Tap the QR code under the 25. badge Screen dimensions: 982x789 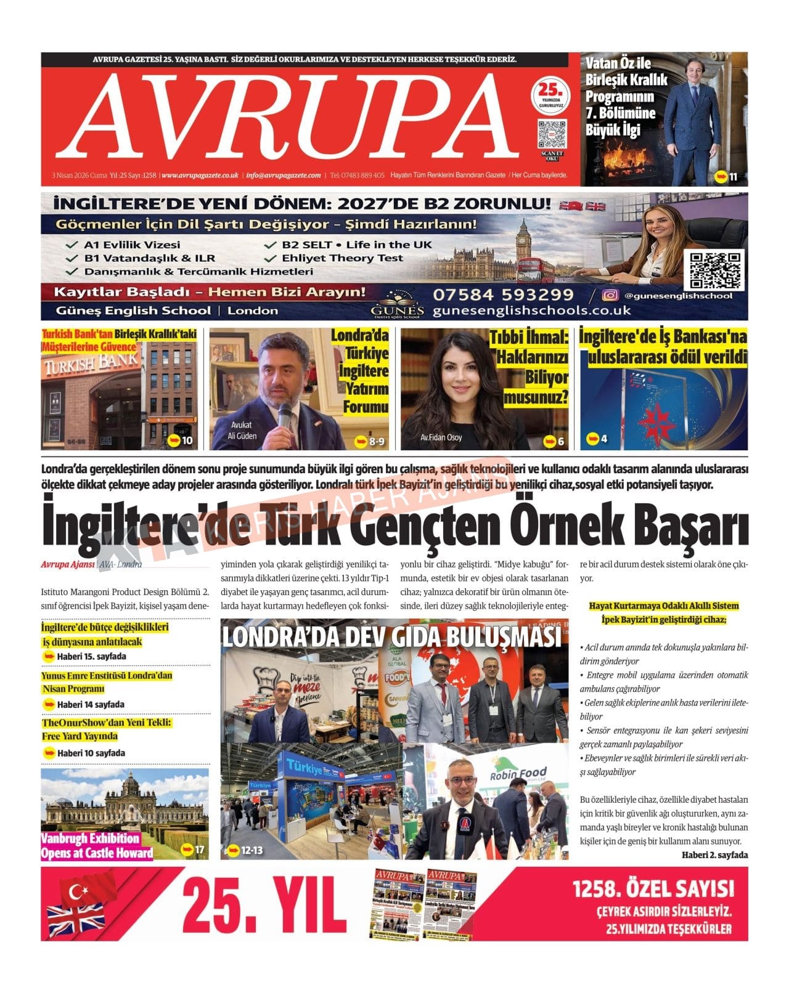click(x=551, y=134)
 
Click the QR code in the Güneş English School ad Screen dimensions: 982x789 click(x=716, y=269)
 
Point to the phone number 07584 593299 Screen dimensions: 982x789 click(x=503, y=295)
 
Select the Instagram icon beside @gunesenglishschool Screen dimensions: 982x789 click(x=610, y=296)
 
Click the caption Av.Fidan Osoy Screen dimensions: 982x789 click(x=441, y=437)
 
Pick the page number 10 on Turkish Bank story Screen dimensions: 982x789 click(x=187, y=440)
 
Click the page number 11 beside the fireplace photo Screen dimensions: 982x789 click(x=733, y=177)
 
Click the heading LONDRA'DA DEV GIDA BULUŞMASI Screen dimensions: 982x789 click(x=391, y=637)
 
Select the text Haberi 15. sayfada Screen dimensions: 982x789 click(x=91, y=657)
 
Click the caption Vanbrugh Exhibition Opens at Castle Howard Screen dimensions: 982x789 click(x=97, y=846)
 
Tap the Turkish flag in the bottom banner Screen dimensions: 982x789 click(x=86, y=889)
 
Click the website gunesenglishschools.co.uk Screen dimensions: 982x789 click(x=531, y=310)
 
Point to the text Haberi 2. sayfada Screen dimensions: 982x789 click(x=714, y=855)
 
